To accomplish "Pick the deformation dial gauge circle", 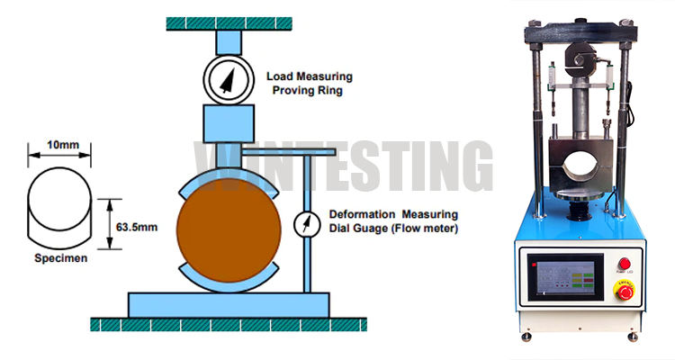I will (308, 224).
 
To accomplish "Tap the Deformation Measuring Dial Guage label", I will (393, 220).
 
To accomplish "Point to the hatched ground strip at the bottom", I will (225, 323).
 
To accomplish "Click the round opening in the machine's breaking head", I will (580, 164).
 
